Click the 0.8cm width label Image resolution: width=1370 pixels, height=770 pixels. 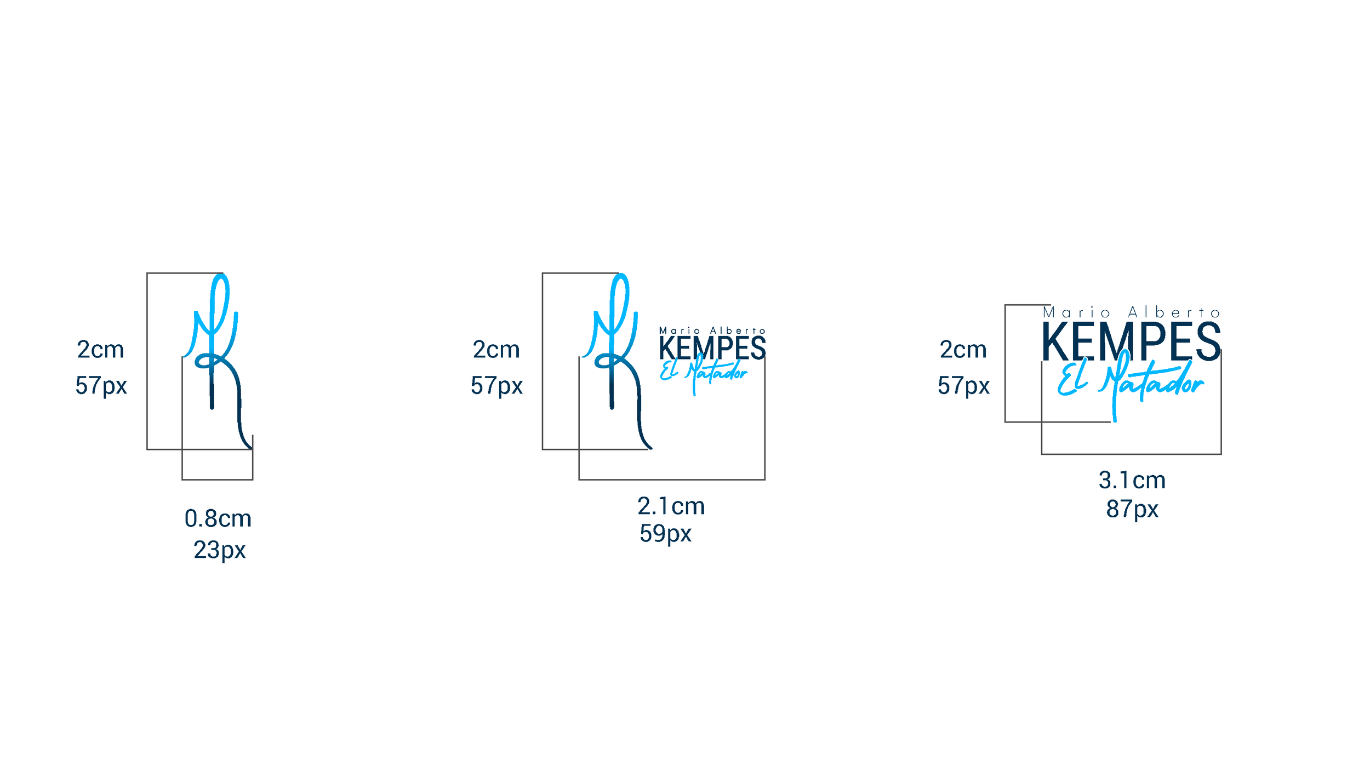point(218,518)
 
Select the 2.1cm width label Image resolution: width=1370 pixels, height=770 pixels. point(671,506)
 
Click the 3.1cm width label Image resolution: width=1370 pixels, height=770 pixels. point(1132,480)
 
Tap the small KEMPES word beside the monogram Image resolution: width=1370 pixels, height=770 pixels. point(712,348)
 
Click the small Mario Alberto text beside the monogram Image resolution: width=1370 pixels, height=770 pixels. point(712,330)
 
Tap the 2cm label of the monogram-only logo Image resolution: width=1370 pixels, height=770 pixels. point(100,350)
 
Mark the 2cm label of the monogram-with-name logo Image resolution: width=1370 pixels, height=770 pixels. point(496,350)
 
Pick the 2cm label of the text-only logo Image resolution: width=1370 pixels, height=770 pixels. point(963,350)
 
